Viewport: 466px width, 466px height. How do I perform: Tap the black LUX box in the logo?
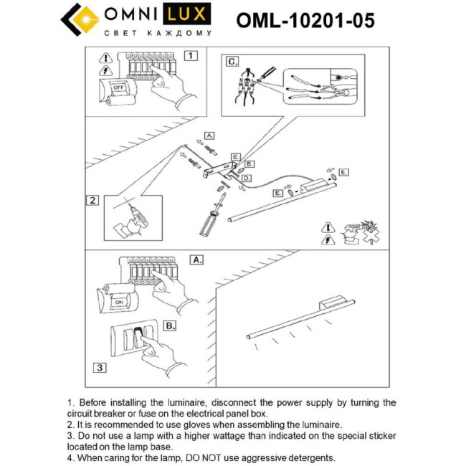pyautogui.click(x=190, y=14)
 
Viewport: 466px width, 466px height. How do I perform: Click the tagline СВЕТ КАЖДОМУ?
pyautogui.click(x=158, y=34)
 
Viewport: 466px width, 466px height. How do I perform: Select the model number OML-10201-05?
pyautogui.click(x=305, y=21)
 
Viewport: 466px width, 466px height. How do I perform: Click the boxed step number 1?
pyautogui.click(x=190, y=54)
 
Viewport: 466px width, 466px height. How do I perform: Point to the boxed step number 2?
pyautogui.click(x=92, y=200)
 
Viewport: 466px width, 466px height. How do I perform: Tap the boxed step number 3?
pyautogui.click(x=100, y=367)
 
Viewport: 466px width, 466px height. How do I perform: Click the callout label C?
pyautogui.click(x=232, y=62)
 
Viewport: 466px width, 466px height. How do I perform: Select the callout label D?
pyautogui.click(x=247, y=177)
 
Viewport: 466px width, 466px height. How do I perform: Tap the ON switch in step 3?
pyautogui.click(x=118, y=302)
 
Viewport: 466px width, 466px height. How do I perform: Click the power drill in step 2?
pyautogui.click(x=134, y=214)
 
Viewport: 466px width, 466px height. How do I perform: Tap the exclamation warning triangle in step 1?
pyautogui.click(x=105, y=57)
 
